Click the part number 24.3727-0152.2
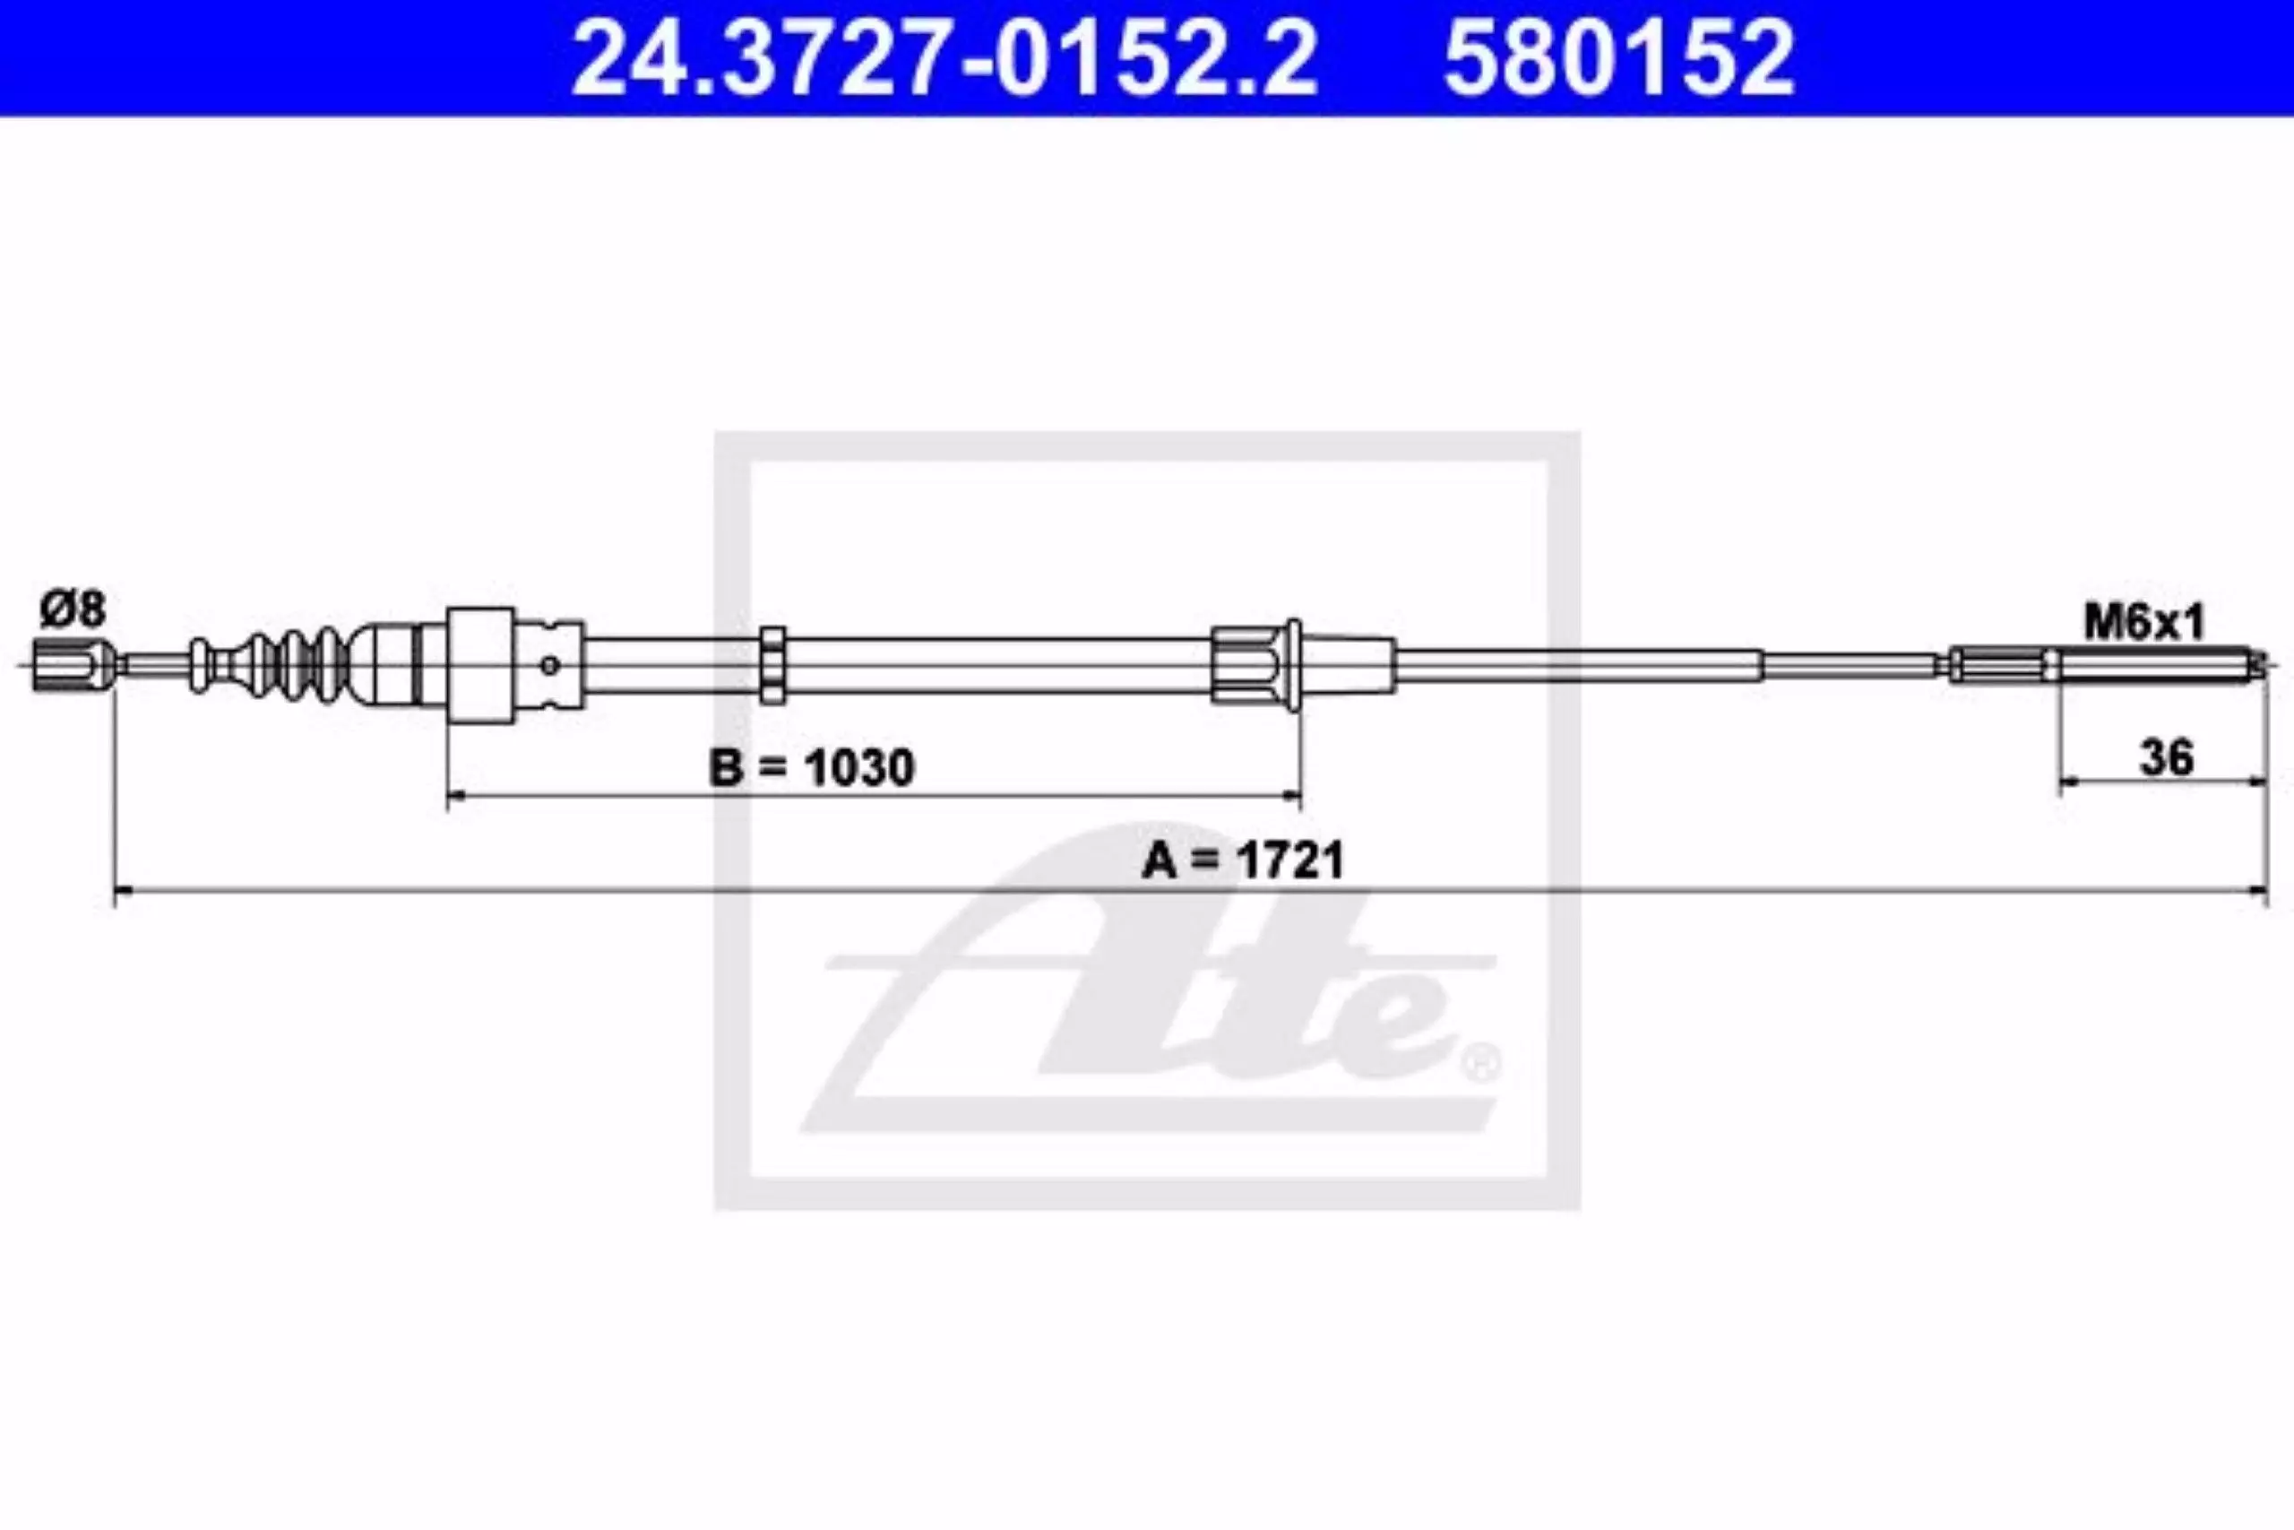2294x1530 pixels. [944, 58]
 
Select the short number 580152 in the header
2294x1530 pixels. [1619, 58]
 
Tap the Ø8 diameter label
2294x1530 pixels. [73, 609]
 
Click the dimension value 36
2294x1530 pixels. [2165, 756]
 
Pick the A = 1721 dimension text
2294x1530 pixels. [1243, 860]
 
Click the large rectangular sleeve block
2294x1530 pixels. [481, 665]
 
